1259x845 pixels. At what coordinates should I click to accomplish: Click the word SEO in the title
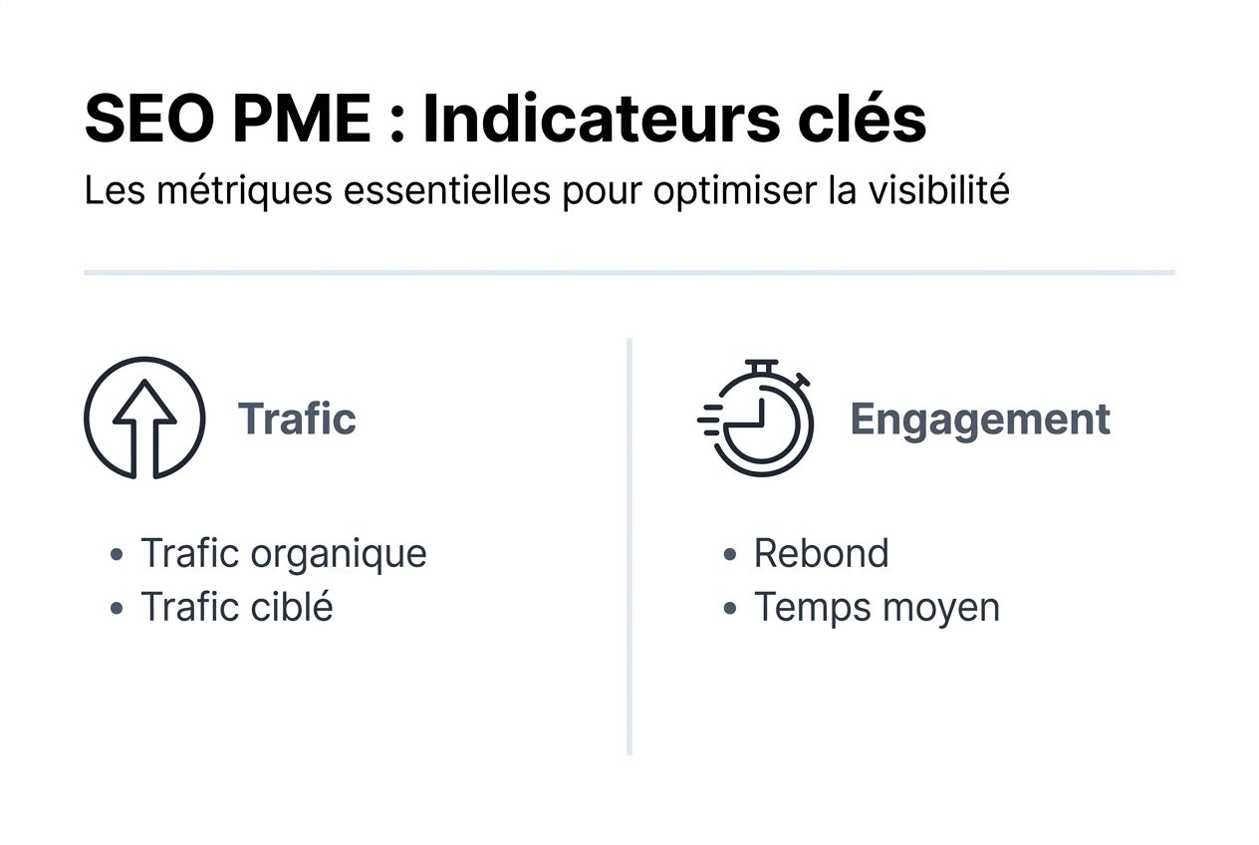[147, 121]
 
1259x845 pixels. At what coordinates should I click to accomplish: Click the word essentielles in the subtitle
[446, 190]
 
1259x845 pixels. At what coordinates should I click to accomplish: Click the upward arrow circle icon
[144, 419]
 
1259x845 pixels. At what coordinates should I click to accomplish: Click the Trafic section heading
[297, 419]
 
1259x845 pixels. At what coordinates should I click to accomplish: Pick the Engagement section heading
[980, 420]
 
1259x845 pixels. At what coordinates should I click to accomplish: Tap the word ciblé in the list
[292, 607]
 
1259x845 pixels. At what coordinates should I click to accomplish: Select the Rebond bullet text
[821, 553]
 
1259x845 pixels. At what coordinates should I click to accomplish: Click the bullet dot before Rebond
[731, 554]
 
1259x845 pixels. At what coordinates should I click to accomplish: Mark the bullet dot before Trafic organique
[118, 554]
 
